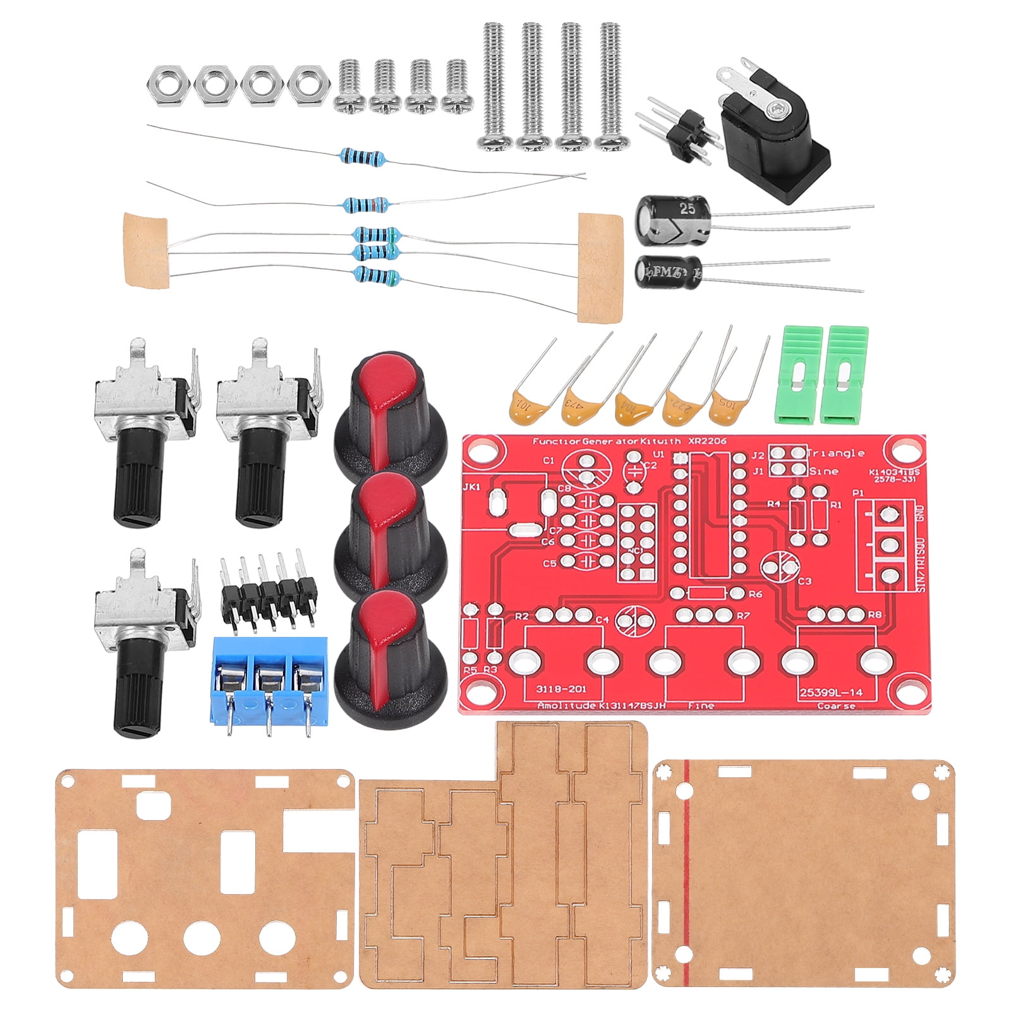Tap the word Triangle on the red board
835,453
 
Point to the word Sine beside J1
823,471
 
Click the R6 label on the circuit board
755,595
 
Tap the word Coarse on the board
836,706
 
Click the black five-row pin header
268,590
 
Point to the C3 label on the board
804,581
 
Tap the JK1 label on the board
471,487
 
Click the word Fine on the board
701,706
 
